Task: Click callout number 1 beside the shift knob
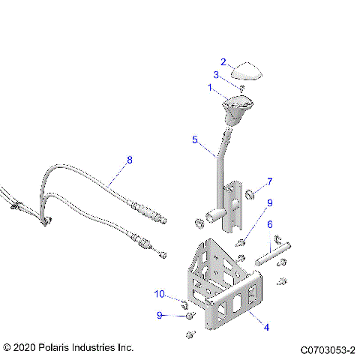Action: [211, 87]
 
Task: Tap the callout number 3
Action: [216, 74]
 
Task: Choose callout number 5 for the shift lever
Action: [194, 139]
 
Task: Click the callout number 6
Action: [270, 224]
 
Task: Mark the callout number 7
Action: [270, 181]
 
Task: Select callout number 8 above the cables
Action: [129, 160]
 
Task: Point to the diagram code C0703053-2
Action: [328, 349]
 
